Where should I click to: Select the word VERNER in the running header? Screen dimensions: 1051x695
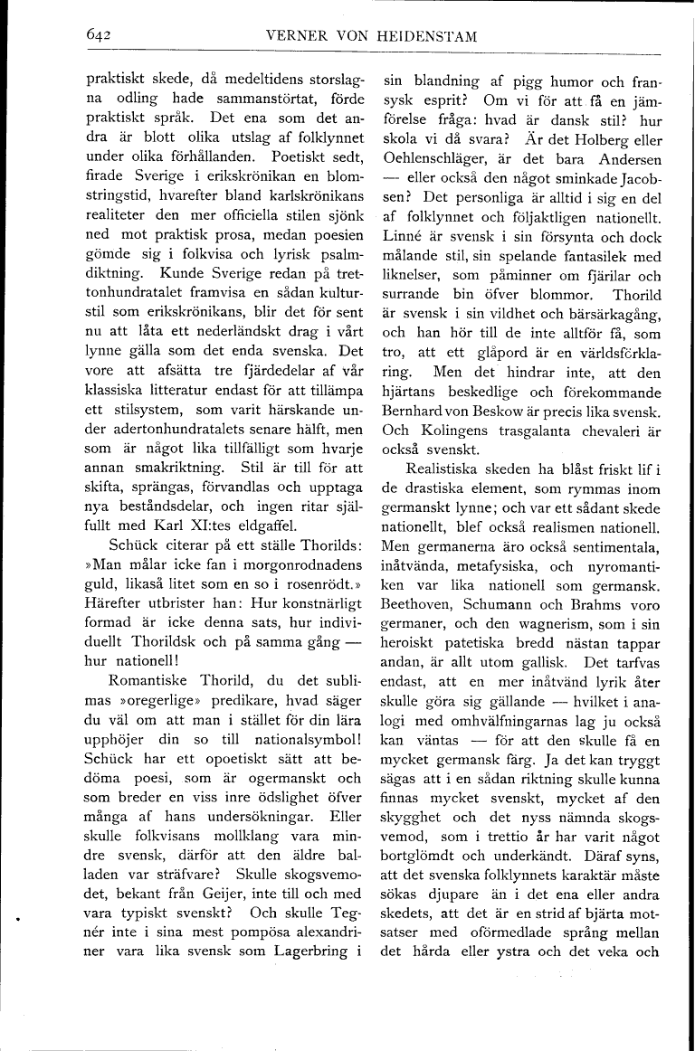296,35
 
